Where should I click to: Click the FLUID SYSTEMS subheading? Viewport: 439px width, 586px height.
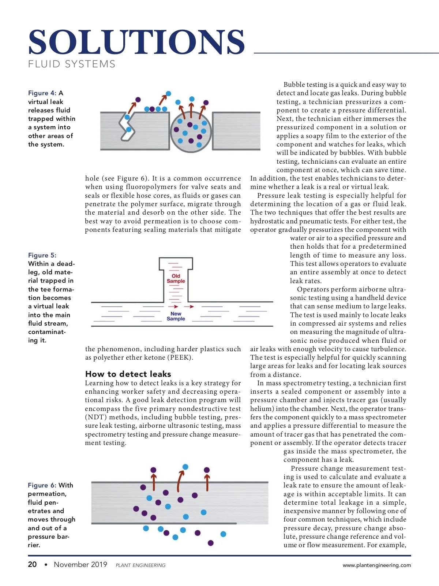(x=72, y=64)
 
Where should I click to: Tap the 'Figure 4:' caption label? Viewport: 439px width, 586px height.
(x=42, y=93)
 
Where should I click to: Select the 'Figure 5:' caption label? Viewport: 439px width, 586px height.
(x=42, y=255)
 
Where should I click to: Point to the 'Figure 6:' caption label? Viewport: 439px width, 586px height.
(x=42, y=485)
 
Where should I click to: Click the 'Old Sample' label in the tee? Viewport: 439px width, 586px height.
(x=176, y=278)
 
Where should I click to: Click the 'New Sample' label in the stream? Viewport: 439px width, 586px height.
(x=176, y=316)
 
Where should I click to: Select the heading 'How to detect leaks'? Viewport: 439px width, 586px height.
(x=128, y=374)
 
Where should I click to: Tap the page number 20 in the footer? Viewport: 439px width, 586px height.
(x=32, y=564)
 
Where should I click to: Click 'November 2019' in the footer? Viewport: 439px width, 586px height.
(x=80, y=564)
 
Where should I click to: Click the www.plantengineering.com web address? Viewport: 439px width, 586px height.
(x=376, y=565)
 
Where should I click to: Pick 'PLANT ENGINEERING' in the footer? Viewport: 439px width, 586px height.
(x=140, y=565)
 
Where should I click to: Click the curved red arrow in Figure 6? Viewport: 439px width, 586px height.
(x=180, y=480)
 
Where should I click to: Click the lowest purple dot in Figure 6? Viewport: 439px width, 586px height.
(x=210, y=543)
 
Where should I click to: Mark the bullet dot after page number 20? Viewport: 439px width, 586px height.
(x=46, y=565)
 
